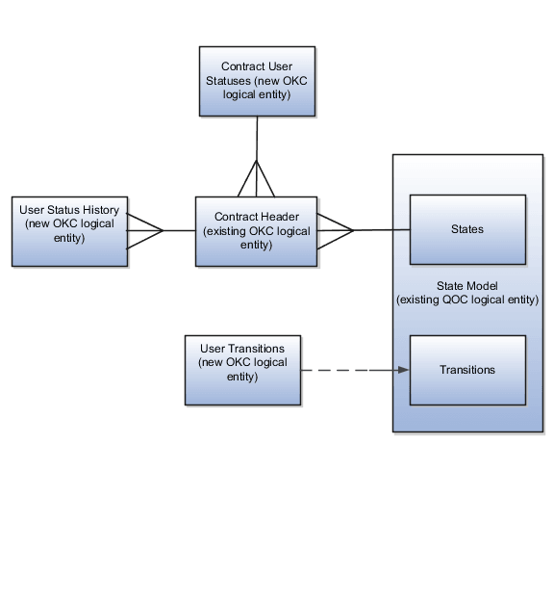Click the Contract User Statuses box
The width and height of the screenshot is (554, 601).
257,81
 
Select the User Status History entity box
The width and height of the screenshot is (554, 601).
69,231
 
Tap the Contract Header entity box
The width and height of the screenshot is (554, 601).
256,231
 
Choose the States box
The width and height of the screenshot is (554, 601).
467,229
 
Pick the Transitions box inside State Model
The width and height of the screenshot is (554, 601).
467,370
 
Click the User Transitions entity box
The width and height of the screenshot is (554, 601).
242,370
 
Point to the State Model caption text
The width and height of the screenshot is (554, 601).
467,293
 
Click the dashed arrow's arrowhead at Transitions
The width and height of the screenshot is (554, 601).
404,370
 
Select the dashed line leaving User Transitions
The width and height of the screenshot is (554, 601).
337,370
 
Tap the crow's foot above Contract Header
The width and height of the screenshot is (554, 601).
257,179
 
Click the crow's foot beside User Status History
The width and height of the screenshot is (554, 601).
144,231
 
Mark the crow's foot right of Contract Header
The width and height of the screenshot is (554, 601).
335,230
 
